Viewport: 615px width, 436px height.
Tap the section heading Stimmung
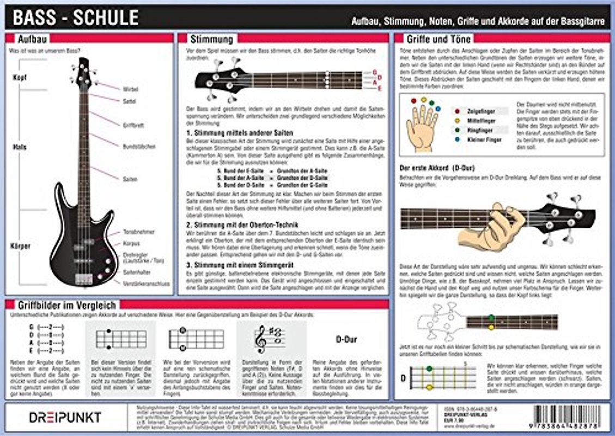tap(211, 40)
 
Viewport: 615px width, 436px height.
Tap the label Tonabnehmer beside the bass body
tap(139, 232)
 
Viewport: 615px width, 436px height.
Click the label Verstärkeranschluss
tap(147, 283)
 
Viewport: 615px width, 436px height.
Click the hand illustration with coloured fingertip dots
tap(422, 125)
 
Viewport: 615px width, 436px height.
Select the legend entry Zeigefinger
tap(480, 111)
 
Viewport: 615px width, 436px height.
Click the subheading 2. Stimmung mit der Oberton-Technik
tap(239, 225)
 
